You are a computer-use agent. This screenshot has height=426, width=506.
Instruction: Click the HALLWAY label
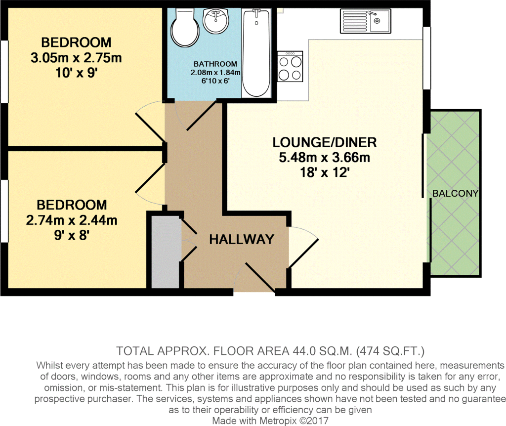click(241, 240)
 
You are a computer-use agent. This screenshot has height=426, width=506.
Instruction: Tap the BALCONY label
click(455, 193)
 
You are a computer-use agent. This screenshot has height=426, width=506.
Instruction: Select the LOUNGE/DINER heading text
click(325, 143)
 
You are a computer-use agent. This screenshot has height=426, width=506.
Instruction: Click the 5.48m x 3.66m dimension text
click(325, 158)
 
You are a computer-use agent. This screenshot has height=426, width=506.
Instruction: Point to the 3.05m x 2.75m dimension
click(76, 58)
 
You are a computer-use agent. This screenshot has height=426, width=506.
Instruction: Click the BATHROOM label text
click(215, 64)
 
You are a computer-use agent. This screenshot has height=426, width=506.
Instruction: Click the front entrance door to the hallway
click(259, 277)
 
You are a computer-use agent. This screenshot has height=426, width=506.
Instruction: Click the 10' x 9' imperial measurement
click(76, 74)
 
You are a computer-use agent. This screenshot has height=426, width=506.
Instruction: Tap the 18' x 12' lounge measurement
click(325, 173)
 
